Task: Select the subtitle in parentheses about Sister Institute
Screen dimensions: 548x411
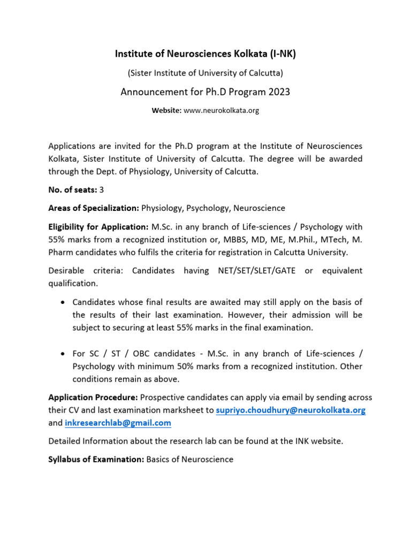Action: pos(205,72)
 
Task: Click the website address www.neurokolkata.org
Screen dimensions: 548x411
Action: pos(222,110)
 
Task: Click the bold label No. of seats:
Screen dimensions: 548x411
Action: pos(73,189)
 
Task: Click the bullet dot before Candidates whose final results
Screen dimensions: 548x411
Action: pos(62,302)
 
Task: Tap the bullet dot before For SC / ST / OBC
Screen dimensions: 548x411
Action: pos(62,354)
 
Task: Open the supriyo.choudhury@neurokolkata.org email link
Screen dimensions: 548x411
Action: pos(291,410)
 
